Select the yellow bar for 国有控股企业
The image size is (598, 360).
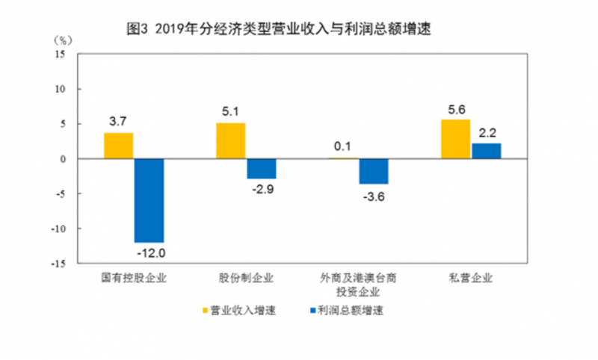click(118, 146)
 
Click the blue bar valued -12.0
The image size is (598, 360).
click(149, 200)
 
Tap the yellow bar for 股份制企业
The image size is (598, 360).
click(230, 141)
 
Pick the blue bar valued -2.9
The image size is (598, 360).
click(261, 169)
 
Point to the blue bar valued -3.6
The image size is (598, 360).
click(373, 171)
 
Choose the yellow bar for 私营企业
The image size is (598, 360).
click(456, 140)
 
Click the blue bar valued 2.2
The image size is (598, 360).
click(486, 151)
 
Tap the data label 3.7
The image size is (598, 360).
click(119, 120)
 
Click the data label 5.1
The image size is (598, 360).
click(230, 112)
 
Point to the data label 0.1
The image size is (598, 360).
click(344, 146)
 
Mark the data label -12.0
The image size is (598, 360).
click(149, 253)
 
